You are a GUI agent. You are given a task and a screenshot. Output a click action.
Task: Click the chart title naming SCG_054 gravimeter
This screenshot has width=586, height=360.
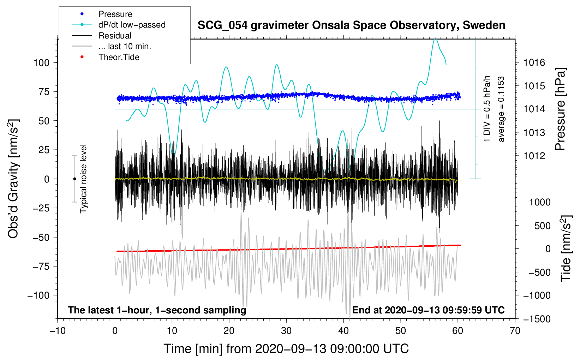click(351, 25)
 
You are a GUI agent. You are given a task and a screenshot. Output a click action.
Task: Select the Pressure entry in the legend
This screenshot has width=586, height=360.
click(115, 14)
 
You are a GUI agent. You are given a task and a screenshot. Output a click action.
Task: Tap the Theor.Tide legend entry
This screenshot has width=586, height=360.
click(119, 57)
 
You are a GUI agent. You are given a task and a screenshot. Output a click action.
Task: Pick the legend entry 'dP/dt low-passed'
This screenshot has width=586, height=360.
click(132, 25)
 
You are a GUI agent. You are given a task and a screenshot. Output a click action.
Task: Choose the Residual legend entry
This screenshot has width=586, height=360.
click(115, 36)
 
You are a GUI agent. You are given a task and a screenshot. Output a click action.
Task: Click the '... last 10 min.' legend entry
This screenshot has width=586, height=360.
click(125, 46)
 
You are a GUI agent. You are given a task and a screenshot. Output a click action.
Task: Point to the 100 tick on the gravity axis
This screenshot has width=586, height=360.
click(41, 63)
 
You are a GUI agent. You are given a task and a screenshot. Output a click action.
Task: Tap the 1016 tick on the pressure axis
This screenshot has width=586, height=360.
click(534, 63)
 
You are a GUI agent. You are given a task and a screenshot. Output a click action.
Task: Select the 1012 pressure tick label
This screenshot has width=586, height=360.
click(534, 156)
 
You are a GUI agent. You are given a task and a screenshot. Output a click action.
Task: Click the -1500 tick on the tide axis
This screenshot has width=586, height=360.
click(537, 319)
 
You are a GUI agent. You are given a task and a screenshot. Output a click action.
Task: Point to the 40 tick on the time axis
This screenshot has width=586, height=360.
click(343, 331)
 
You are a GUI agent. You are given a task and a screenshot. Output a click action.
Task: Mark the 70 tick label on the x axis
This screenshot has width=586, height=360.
click(515, 331)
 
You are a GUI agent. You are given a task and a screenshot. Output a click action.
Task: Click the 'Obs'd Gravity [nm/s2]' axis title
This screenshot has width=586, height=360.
click(13, 179)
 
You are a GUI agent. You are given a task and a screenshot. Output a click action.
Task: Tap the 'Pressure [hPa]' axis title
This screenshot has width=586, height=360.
click(561, 109)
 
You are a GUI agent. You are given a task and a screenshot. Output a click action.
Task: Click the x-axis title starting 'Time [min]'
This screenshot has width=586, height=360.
click(286, 349)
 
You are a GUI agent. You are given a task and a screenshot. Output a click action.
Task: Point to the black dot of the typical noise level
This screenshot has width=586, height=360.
click(74, 179)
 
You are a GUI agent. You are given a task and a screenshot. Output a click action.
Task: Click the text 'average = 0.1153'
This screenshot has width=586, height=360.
click(501, 109)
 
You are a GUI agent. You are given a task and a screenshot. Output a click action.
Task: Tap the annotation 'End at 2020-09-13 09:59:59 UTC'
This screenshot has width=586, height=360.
click(428, 310)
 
